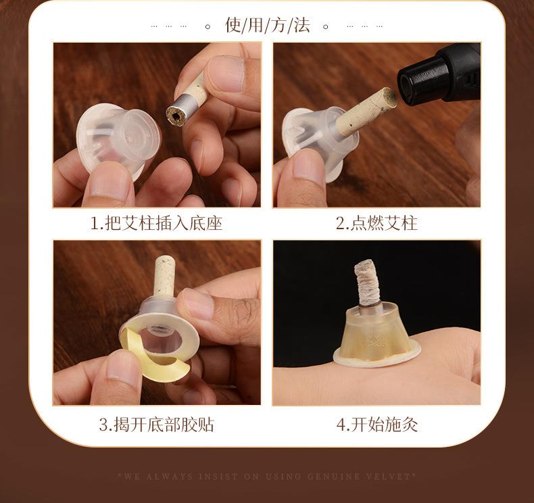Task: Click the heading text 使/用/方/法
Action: [267, 26]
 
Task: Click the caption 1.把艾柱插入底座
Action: [156, 223]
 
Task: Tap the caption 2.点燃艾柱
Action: [377, 223]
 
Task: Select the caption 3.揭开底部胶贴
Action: [156, 425]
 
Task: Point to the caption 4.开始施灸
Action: [377, 425]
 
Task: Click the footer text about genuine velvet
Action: [267, 476]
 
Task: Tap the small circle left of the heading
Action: [208, 26]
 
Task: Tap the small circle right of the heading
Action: [326, 26]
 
